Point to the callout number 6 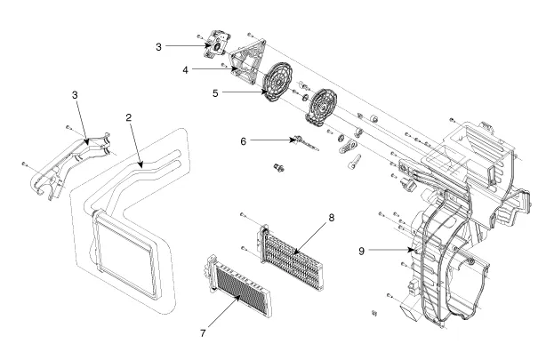coord(243,140)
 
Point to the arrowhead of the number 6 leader coord(290,140)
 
